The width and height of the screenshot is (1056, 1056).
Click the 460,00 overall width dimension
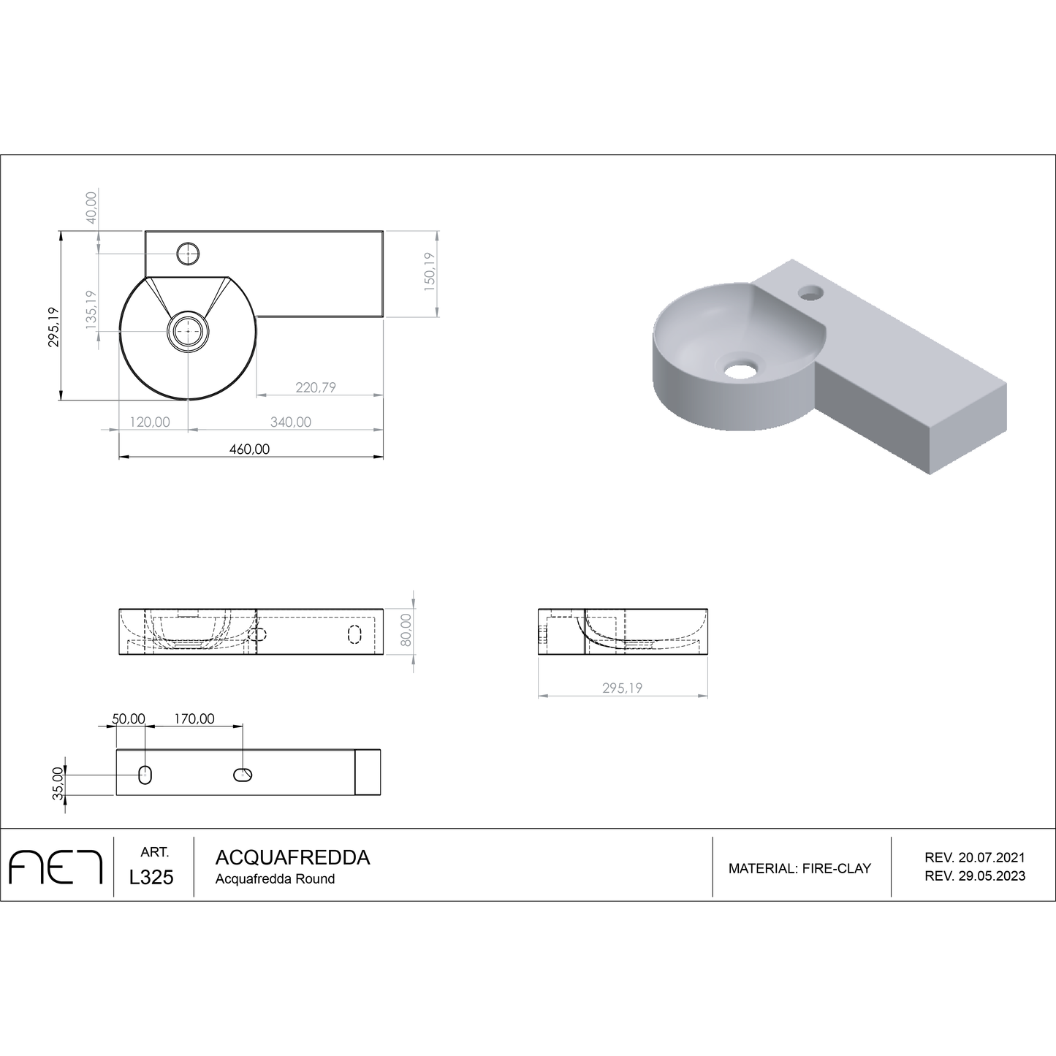(250, 449)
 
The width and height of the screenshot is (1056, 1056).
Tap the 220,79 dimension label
(316, 387)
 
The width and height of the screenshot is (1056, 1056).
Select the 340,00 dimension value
(290, 422)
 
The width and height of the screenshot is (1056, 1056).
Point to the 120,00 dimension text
(150, 422)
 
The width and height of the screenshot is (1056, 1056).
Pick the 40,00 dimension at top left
(91, 208)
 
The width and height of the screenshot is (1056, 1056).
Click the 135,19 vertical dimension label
(91, 310)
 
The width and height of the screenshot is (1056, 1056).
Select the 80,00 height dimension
(406, 630)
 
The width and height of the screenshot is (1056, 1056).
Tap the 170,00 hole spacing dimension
(194, 718)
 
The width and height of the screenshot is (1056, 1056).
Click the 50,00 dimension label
(129, 718)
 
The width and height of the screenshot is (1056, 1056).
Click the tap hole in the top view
(189, 254)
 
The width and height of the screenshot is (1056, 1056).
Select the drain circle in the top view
(189, 331)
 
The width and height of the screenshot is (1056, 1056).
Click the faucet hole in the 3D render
(810, 293)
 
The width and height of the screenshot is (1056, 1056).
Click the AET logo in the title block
(56, 867)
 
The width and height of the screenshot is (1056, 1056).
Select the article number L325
(151, 878)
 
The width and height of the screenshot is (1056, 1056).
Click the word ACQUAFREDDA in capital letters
(292, 857)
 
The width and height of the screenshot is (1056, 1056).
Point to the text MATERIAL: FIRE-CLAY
(799, 868)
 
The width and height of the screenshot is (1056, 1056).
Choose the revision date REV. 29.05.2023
(974, 876)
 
